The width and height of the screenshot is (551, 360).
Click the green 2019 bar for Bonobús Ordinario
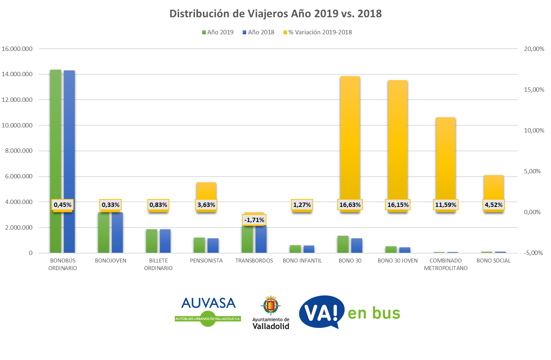tap(56, 144)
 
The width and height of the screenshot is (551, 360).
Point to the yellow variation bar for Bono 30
tap(350, 137)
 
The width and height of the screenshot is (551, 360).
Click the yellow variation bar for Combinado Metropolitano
tap(446, 159)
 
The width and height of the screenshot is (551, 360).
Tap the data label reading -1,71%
tap(254, 220)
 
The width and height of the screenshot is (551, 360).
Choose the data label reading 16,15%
tap(398, 205)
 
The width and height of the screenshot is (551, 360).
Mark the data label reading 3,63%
tap(206, 205)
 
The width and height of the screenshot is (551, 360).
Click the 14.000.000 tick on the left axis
tap(17, 74)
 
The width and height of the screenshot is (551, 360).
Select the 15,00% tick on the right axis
tap(534, 90)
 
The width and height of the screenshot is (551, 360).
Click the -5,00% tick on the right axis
tap(533, 253)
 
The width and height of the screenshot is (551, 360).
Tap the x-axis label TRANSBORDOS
tap(254, 261)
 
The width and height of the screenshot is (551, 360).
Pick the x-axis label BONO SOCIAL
tap(494, 261)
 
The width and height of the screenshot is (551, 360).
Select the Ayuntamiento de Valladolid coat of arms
tap(270, 305)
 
